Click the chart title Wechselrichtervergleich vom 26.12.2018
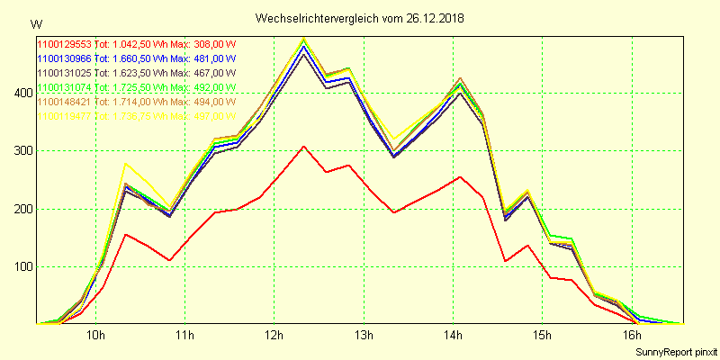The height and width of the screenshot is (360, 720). tap(360, 18)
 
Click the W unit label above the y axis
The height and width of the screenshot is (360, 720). tap(35, 23)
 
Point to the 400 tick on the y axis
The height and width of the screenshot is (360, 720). tap(21, 93)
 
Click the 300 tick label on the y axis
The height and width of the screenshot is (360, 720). tap(21, 150)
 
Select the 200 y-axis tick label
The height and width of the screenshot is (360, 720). tap(21, 209)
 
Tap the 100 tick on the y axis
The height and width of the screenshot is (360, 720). tap(21, 266)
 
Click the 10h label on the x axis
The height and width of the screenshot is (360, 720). tap(95, 336)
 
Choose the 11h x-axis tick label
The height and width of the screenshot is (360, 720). tap(184, 336)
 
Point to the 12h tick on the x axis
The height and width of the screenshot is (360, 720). tap(274, 336)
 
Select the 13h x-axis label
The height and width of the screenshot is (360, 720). tap(363, 336)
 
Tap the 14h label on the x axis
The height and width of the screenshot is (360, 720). tap(453, 336)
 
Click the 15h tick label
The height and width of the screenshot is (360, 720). tap(542, 336)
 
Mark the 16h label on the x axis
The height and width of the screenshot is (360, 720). tap(631, 336)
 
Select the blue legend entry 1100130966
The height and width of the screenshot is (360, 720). tap(64, 58)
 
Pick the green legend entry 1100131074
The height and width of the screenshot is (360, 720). tap(64, 87)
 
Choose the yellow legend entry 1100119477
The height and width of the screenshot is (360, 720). tap(64, 116)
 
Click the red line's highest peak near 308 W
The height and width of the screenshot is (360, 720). tap(304, 146)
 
